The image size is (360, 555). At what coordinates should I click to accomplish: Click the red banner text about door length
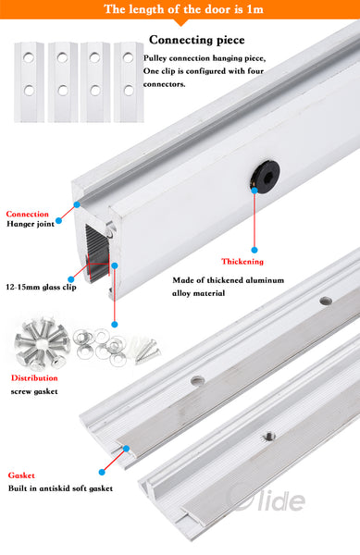tap(180, 10)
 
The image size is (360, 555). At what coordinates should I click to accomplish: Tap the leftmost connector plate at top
tap(30, 80)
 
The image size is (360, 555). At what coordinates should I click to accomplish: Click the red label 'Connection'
tap(28, 214)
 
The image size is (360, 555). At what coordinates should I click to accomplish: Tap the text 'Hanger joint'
tap(31, 224)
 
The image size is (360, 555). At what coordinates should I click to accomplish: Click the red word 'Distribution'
tap(34, 377)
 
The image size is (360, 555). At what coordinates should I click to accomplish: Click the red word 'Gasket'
tap(21, 474)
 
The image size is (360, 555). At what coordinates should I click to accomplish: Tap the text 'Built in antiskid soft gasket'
tap(60, 487)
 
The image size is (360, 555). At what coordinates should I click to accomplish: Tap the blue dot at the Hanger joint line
tap(57, 220)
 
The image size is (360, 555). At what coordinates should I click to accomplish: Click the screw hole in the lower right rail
tap(269, 434)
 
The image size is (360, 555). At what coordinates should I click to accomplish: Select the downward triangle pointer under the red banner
tap(180, 23)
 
